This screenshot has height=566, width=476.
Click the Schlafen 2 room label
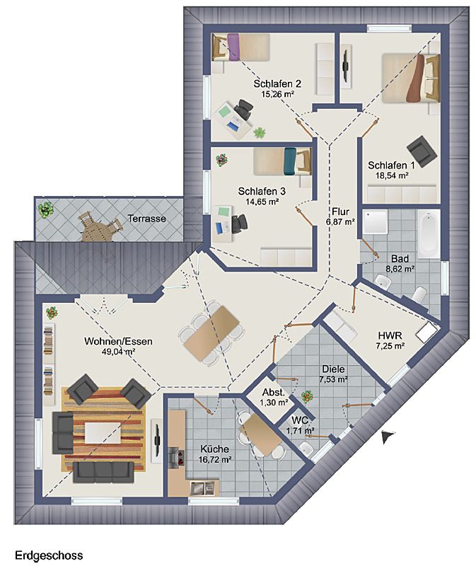pos(277,83)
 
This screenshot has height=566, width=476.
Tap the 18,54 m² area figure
pos(391,175)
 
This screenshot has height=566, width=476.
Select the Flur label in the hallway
pos(340,212)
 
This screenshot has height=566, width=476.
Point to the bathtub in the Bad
pos(429,233)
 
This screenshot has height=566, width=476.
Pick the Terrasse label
pos(147,219)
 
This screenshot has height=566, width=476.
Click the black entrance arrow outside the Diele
pos(387,437)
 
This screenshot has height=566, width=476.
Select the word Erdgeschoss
pos(49,555)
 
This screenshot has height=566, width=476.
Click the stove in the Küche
pos(178,456)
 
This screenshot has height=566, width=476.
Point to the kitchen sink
pos(202,488)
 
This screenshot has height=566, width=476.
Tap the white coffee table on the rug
pos(103,433)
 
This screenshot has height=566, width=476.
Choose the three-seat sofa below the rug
pos(103,472)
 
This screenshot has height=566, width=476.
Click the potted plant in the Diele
pos(307,395)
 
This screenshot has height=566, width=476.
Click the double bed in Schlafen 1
pos(411,79)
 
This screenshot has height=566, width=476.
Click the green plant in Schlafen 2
pos(260,133)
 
